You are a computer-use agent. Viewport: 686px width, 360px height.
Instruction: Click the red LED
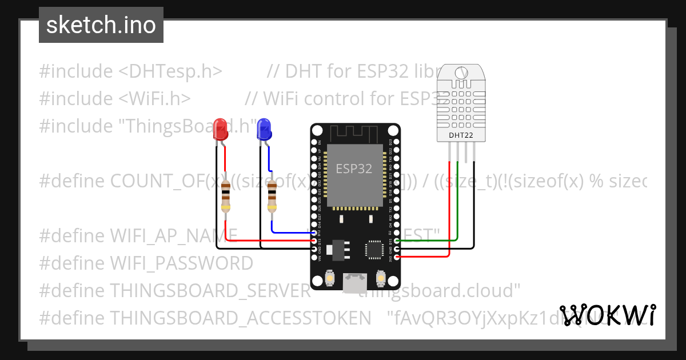click(x=220, y=130)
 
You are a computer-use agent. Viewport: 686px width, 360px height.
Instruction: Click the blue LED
click(x=264, y=130)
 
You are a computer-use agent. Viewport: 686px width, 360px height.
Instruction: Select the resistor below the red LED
click(x=227, y=195)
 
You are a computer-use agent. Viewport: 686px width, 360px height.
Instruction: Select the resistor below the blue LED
click(x=272, y=195)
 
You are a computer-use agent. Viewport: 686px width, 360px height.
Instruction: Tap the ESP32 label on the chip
click(x=354, y=169)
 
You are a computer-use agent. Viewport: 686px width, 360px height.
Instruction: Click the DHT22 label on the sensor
click(x=461, y=135)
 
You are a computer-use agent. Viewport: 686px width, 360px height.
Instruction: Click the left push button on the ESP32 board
click(x=329, y=278)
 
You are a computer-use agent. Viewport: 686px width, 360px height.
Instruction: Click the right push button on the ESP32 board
click(x=380, y=278)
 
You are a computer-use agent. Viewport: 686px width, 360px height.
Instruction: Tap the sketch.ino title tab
click(x=101, y=25)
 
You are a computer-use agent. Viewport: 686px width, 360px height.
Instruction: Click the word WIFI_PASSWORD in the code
click(x=181, y=263)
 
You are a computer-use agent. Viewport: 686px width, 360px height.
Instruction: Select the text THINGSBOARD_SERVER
click(x=210, y=291)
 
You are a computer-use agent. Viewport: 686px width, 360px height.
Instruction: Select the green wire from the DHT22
click(x=457, y=200)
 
